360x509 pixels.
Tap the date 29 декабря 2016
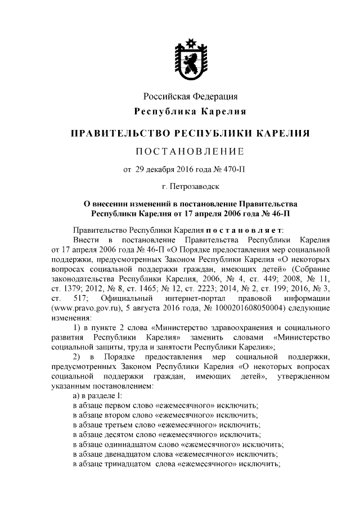click(159, 169)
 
